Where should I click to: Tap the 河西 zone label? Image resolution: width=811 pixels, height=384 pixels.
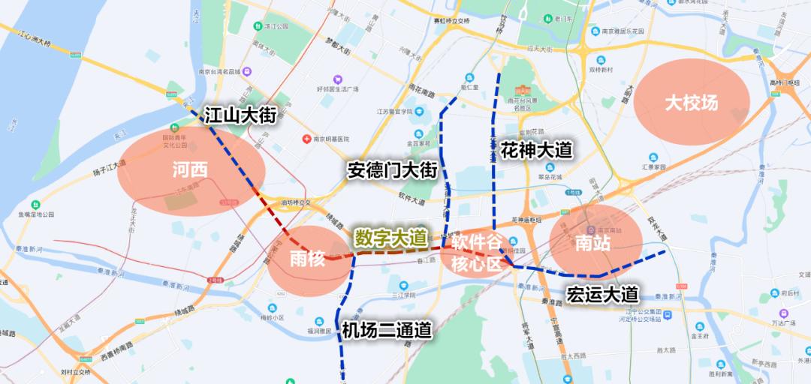pyautogui.click(x=189, y=170)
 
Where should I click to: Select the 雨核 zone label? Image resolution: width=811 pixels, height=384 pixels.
pyautogui.click(x=307, y=259)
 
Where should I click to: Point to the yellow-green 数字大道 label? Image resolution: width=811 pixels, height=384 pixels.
pyautogui.click(x=390, y=238)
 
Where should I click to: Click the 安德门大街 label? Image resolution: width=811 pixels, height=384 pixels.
pyautogui.click(x=392, y=170)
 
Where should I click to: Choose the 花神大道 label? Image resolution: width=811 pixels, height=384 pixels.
pyautogui.click(x=536, y=151)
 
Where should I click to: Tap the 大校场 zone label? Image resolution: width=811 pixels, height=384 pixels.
pyautogui.click(x=691, y=103)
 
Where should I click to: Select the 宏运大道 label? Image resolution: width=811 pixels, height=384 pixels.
pyautogui.click(x=602, y=293)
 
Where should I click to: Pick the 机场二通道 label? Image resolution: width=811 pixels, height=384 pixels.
pyautogui.click(x=387, y=330)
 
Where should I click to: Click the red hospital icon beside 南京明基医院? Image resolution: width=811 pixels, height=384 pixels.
pyautogui.click(x=306, y=139)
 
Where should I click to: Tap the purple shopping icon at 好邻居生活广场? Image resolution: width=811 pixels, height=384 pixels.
pyautogui.click(x=338, y=79)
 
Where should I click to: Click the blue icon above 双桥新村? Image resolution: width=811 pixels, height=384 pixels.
pyautogui.click(x=601, y=60)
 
